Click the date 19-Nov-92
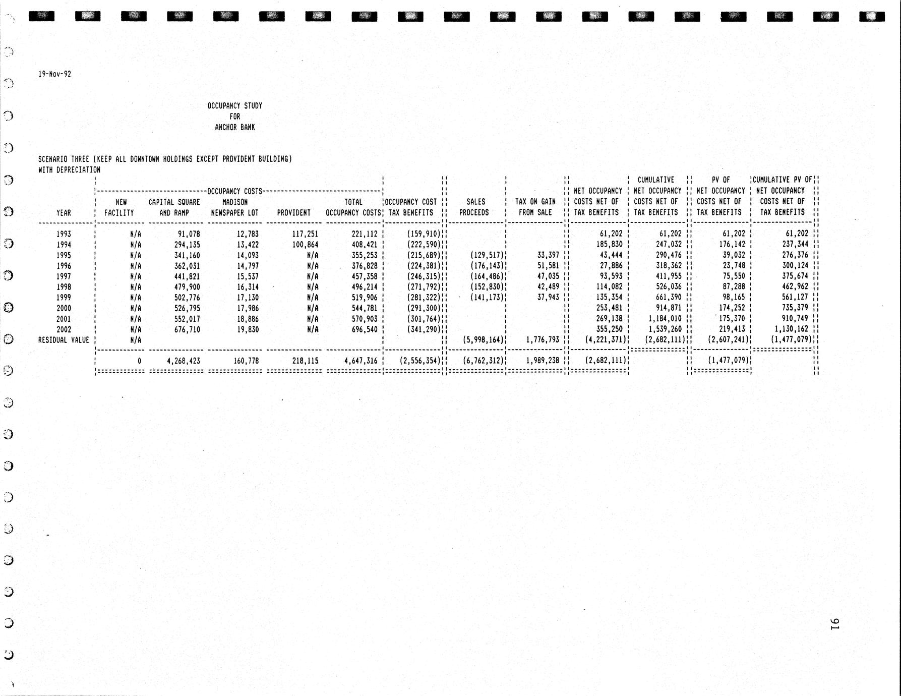(x=54, y=74)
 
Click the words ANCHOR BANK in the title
(x=234, y=127)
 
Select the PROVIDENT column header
(x=293, y=213)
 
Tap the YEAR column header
(x=64, y=213)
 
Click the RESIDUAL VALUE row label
(x=64, y=340)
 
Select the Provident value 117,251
(x=303, y=234)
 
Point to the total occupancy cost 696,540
(x=364, y=329)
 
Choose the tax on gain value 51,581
(x=548, y=266)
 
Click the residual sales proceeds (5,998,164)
(x=483, y=340)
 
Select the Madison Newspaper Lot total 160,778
(x=244, y=361)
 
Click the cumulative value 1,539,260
(x=664, y=329)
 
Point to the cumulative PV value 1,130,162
(x=791, y=329)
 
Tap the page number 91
(x=834, y=624)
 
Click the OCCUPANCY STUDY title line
(x=234, y=106)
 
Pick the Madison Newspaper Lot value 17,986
(x=248, y=308)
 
